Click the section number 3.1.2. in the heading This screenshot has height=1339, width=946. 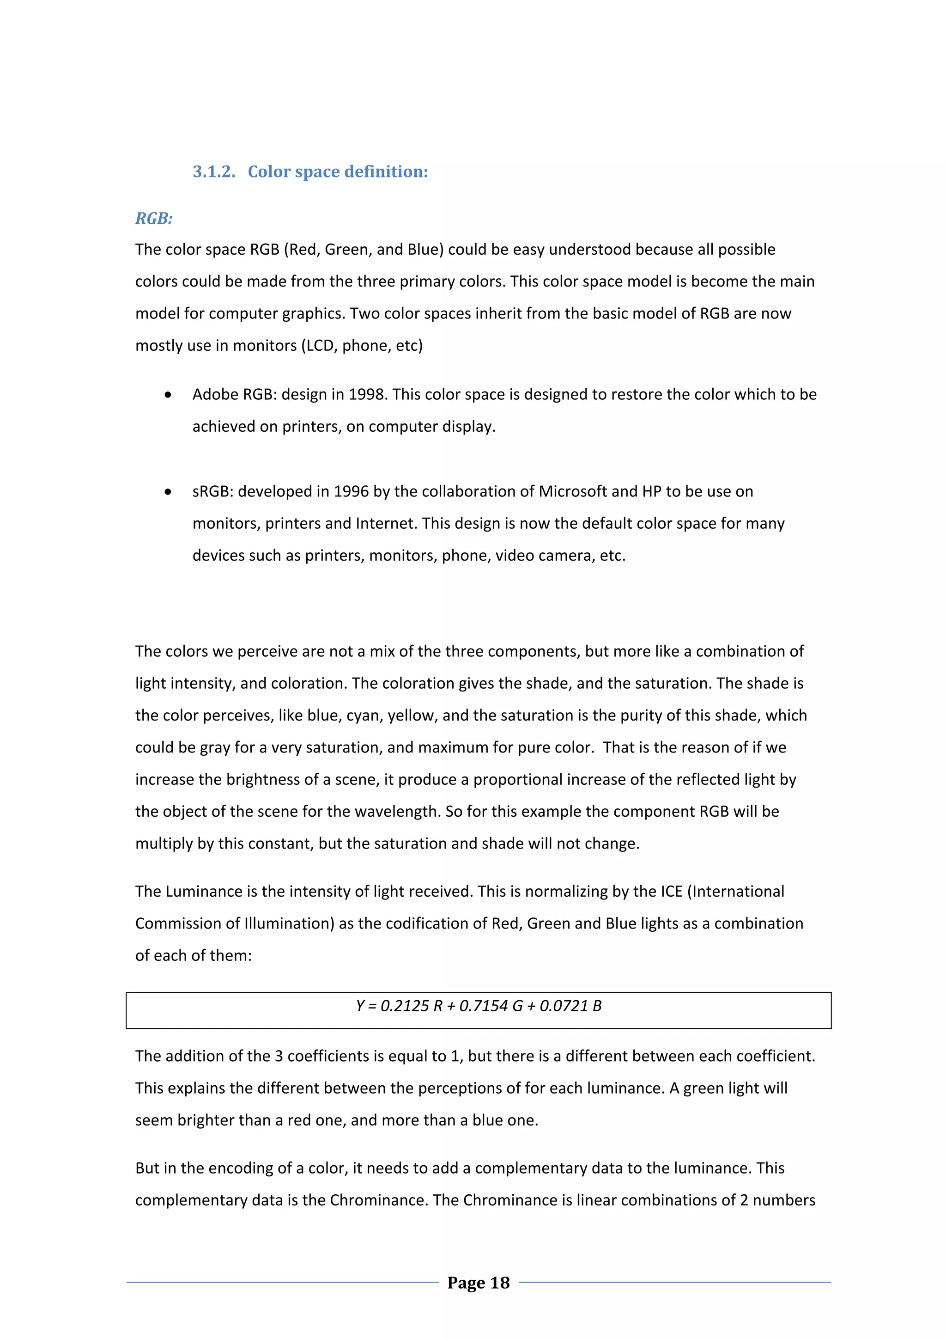pyautogui.click(x=214, y=171)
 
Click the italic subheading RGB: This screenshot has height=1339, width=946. pyautogui.click(x=154, y=218)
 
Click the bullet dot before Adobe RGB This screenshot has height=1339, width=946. pyautogui.click(x=168, y=395)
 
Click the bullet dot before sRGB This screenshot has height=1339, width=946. pyautogui.click(x=168, y=492)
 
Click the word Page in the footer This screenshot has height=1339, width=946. pyautogui.click(x=466, y=1283)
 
